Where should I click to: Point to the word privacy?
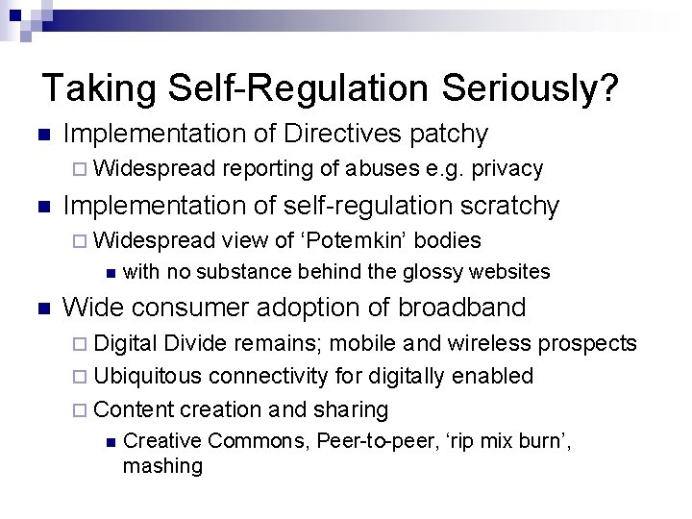[x=507, y=169]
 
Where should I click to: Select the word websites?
[x=510, y=272]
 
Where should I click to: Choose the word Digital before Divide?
[x=129, y=343]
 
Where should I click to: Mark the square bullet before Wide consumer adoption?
[x=38, y=309]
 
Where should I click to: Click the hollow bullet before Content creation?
[x=81, y=410]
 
